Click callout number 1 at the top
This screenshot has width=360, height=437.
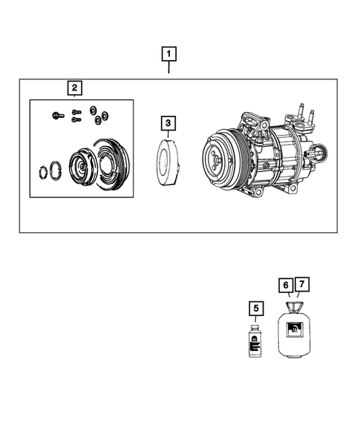pos(170,54)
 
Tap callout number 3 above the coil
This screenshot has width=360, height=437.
pos(169,123)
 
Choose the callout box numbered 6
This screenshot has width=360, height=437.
pos(286,285)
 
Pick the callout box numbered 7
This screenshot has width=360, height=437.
pos(302,285)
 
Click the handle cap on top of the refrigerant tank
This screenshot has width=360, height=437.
pos(294,306)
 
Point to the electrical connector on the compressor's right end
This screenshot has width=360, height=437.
pos(320,155)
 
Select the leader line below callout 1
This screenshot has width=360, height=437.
pos(170,69)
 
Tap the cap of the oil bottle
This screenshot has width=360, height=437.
pos(255,327)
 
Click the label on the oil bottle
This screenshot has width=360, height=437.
pos(255,343)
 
